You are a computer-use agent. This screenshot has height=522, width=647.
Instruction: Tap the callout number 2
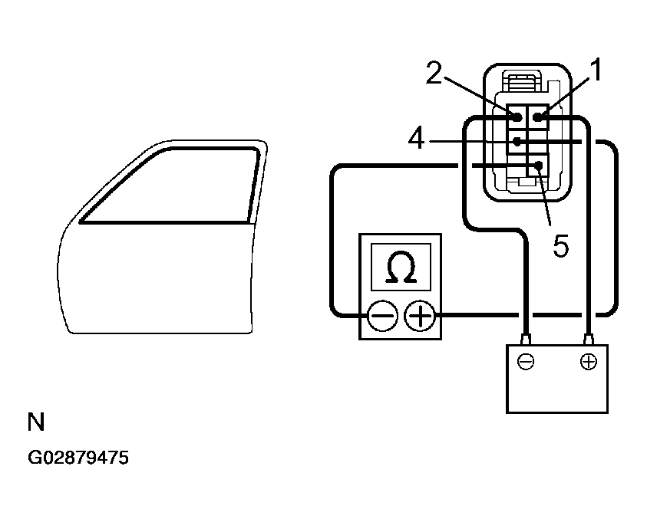coord(434,74)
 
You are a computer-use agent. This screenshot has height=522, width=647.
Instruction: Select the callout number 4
coord(415,140)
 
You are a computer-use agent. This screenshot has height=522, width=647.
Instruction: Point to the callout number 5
coord(561,246)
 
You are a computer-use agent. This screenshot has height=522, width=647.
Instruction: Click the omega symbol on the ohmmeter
coord(401,268)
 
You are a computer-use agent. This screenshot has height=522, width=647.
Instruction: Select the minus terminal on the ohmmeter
coord(381,314)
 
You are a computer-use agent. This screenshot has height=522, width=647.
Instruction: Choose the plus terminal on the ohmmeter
coord(419,314)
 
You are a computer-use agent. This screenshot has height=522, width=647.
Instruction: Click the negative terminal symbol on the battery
coord(527,362)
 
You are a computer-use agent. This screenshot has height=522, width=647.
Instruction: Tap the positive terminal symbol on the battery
coord(589,362)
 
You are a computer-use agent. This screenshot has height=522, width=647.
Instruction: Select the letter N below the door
coord(35,422)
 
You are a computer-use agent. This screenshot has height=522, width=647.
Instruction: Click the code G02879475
coord(78,458)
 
